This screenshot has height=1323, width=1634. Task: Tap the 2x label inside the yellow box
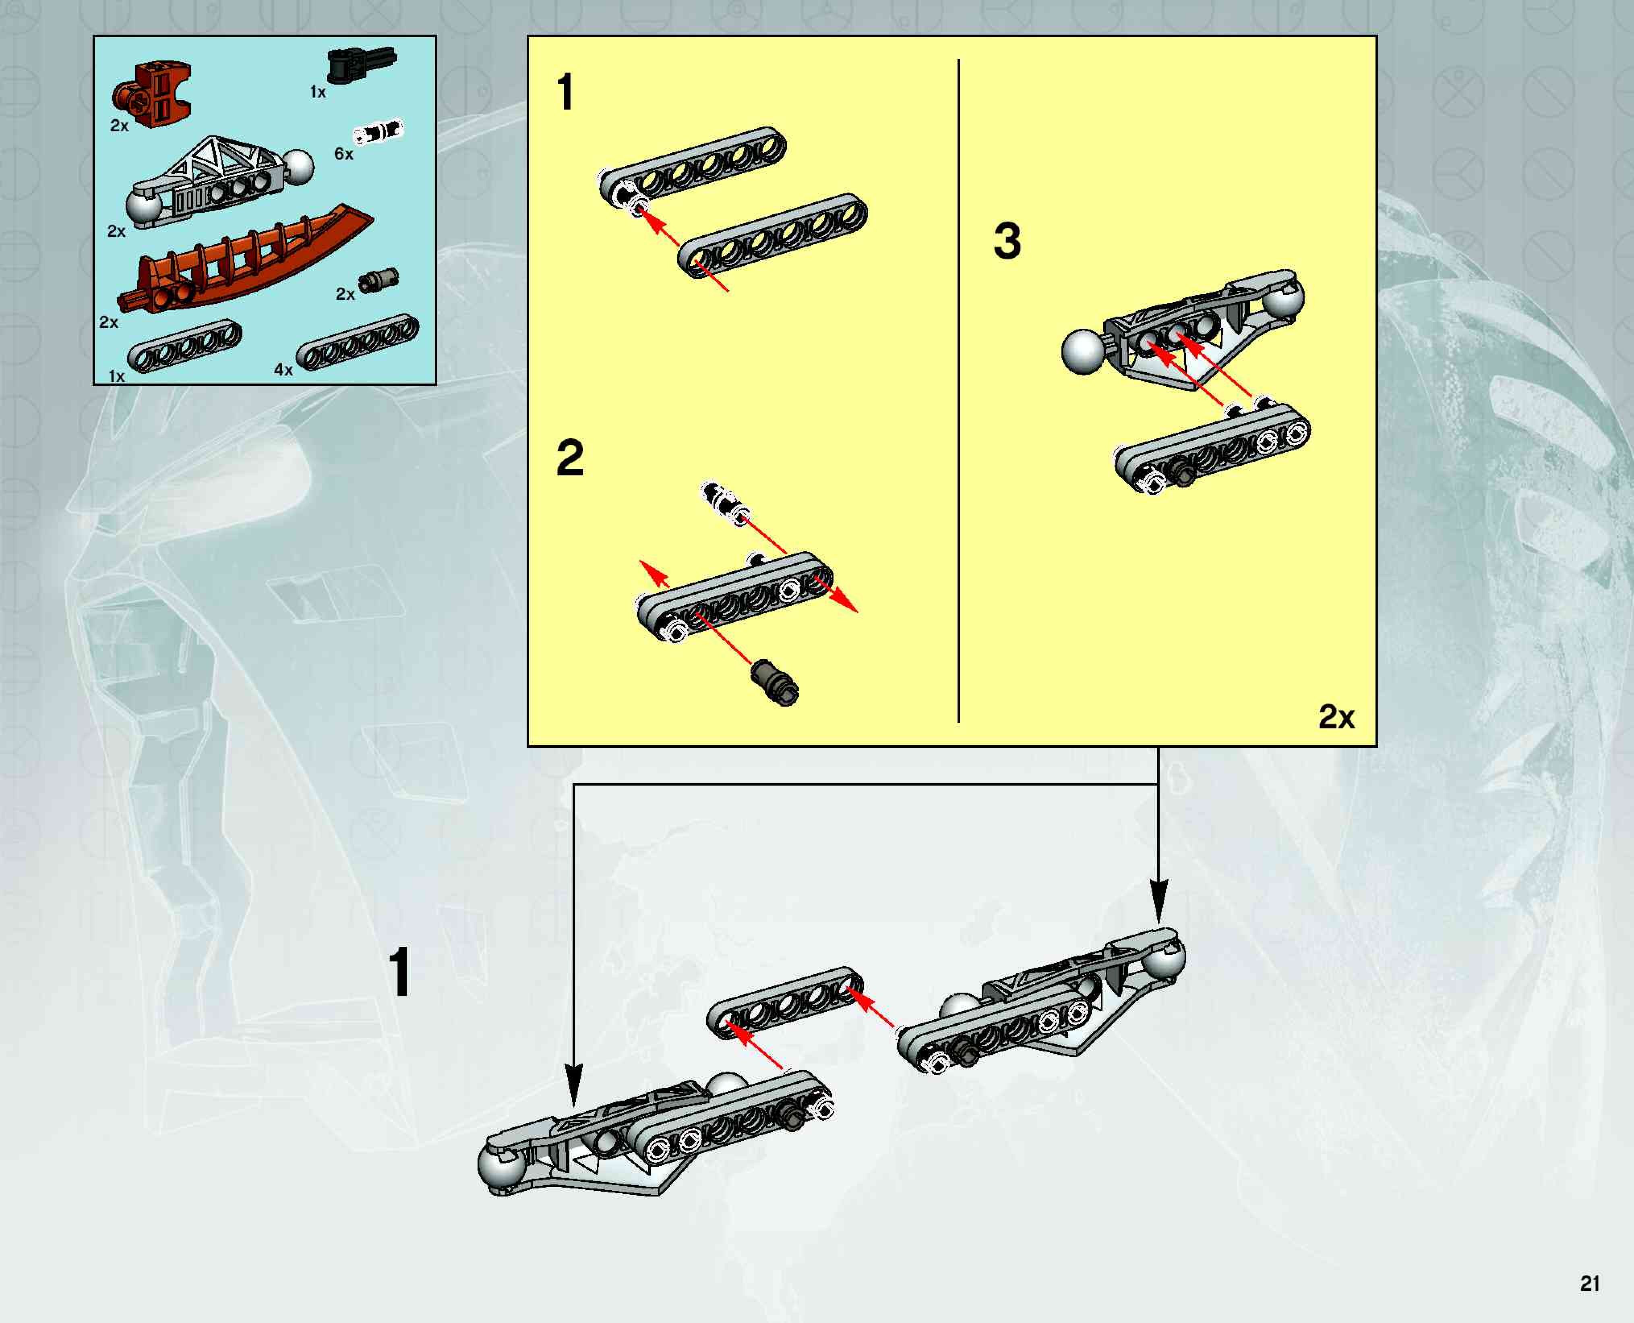coord(1337,717)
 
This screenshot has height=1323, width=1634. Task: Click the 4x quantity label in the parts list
coord(283,369)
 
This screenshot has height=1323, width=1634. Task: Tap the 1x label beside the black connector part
coord(318,92)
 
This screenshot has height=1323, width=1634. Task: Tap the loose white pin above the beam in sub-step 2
coord(725,503)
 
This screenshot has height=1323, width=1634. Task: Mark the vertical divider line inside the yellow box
coord(958,390)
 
